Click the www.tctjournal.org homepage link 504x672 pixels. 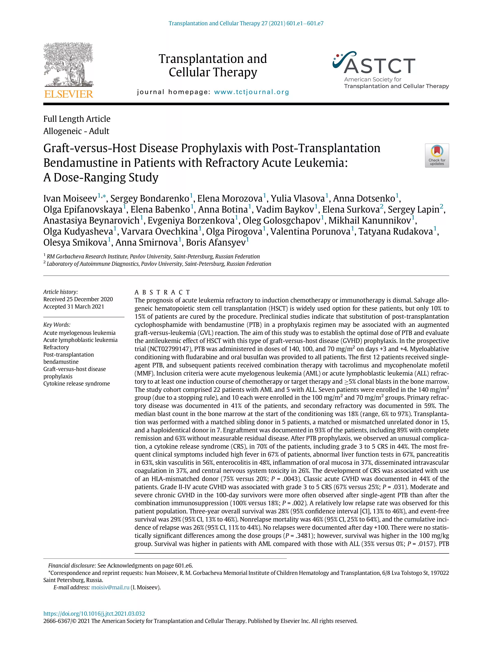point(251,92)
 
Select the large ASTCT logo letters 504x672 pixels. point(379,66)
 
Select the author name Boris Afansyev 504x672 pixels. point(215,243)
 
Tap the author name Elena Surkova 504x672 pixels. point(351,209)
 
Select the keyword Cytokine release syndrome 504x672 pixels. point(77,383)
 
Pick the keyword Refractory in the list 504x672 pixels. point(56,347)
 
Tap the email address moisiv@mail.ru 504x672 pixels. point(110,587)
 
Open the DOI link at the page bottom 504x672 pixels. point(94,613)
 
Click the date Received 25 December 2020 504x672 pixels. point(78,299)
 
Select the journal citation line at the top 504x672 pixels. point(246,23)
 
